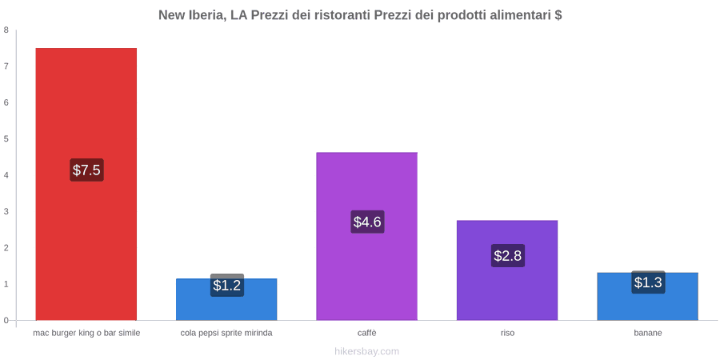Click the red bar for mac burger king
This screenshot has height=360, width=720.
coord(86,184)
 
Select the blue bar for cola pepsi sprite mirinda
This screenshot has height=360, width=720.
coord(226,299)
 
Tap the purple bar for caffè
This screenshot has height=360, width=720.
coord(367,236)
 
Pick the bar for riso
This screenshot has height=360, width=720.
coord(507,270)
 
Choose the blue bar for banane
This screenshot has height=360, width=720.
coord(647,296)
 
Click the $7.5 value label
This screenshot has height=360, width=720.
coord(86,170)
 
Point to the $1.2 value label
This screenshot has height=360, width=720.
coord(227,285)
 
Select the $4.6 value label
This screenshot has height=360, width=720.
coord(367,222)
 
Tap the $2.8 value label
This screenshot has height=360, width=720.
coord(507,255)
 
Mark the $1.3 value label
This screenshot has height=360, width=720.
coord(648,282)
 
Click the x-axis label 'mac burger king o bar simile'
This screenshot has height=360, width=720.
coord(86,334)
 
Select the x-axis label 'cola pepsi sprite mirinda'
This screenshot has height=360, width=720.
coord(226,334)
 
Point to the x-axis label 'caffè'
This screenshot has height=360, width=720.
coord(367,334)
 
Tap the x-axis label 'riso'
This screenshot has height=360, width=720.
coord(507,334)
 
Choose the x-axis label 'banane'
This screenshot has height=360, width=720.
coord(648,334)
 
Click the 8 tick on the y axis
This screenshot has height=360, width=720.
coord(6,30)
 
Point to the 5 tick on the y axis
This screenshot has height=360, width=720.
coord(6,139)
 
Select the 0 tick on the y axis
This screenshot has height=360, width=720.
coord(6,321)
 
